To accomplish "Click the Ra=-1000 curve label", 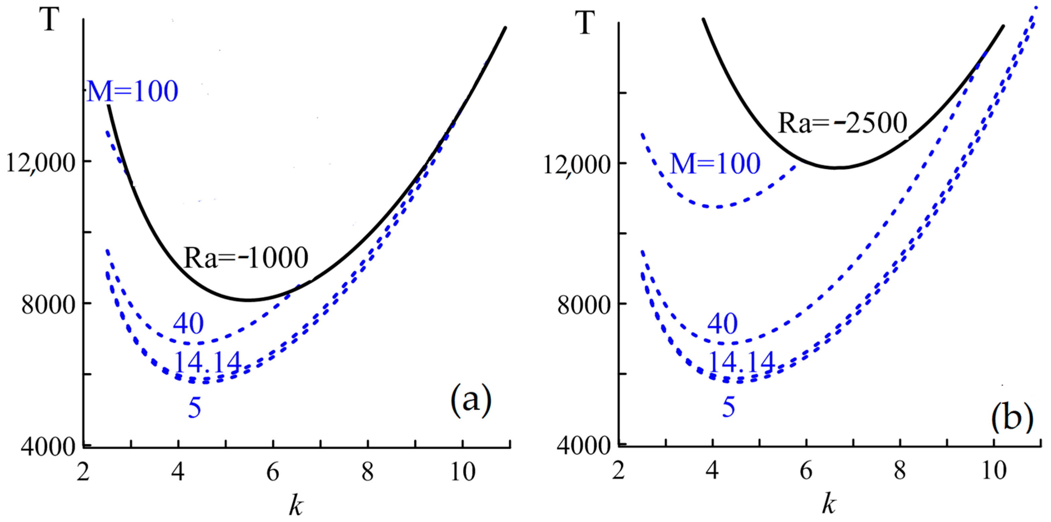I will (246, 258).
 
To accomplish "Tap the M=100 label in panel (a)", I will (133, 91).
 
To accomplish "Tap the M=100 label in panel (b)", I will (715, 164).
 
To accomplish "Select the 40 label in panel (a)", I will (188, 324).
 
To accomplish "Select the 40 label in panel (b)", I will (722, 324).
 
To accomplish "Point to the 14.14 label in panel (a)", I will (208, 362).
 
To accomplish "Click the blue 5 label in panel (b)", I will (729, 407).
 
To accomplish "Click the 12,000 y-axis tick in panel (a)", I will (41, 164).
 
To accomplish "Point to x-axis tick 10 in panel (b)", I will (994, 471).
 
